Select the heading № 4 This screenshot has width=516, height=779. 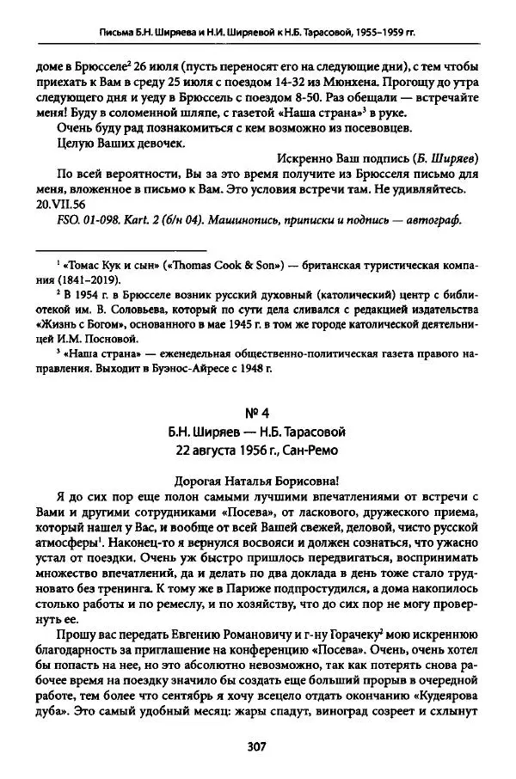258,412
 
